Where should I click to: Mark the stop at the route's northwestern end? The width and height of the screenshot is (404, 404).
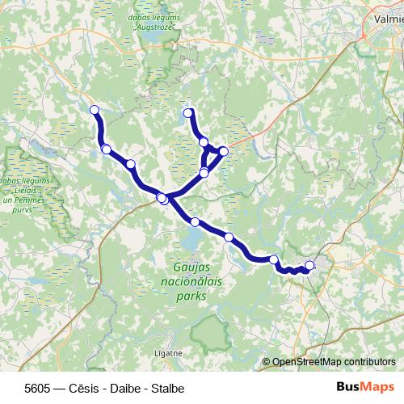point(95,110)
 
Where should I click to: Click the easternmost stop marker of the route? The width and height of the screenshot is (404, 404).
point(309,265)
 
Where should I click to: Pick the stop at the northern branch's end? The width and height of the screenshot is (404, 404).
point(188,112)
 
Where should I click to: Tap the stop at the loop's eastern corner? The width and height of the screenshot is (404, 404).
point(224,151)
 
